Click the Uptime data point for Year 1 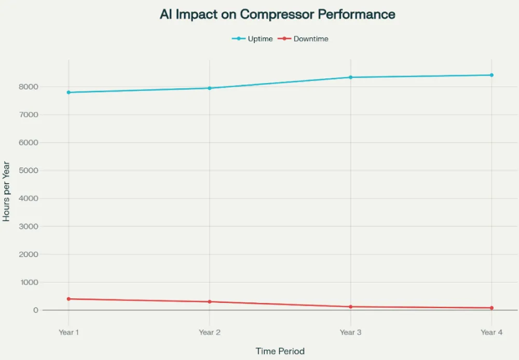click(69, 92)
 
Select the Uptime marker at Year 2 click(210, 88)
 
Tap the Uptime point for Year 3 click(351, 77)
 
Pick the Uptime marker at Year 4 click(491, 75)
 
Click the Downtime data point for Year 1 click(69, 299)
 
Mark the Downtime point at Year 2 click(210, 302)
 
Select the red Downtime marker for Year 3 click(351, 307)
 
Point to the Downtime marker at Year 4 click(491, 308)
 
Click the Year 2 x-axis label click(210, 332)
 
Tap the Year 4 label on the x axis click(491, 332)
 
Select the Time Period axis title click(280, 351)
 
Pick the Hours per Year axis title click(7, 191)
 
